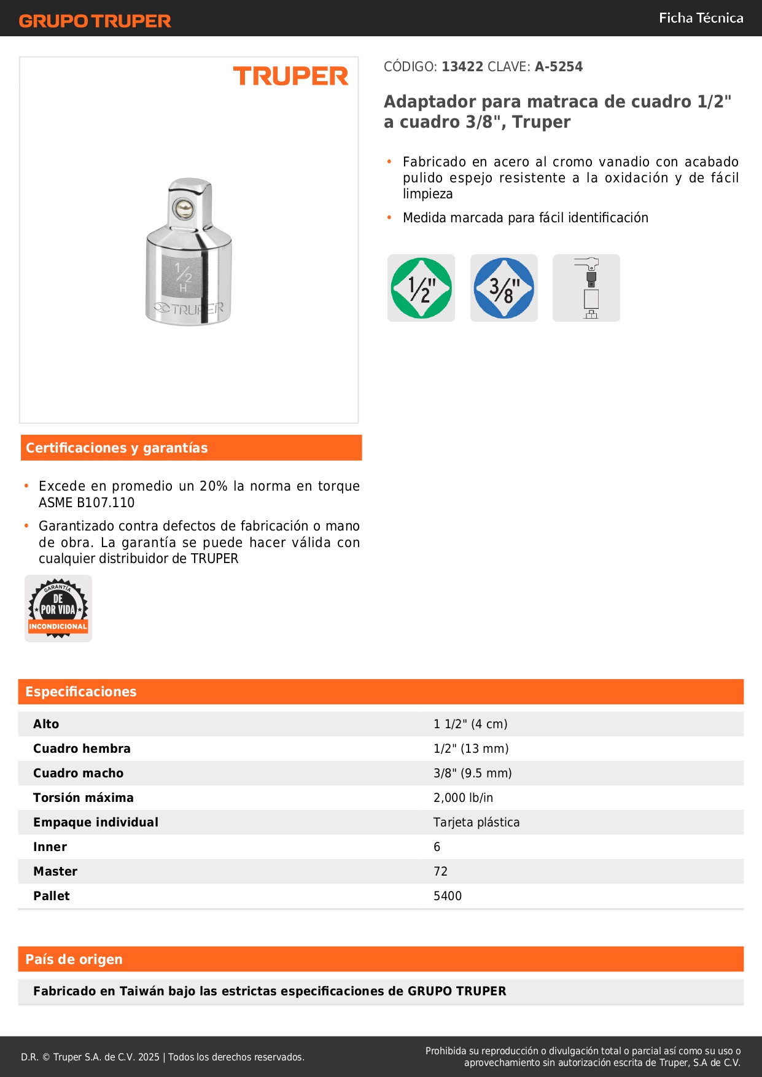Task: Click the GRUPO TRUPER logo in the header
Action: coord(95,21)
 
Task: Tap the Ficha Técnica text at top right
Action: coord(701,18)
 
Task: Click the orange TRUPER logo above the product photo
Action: coord(290,76)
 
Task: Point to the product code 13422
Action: coord(462,66)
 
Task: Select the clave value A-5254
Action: coord(559,66)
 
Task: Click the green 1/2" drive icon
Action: coord(421,288)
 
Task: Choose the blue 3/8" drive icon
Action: coord(504,288)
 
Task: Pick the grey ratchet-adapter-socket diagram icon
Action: coord(586,288)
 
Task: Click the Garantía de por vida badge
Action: coord(58,608)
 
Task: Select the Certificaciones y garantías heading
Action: coord(117,448)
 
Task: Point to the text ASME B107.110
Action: coord(87,502)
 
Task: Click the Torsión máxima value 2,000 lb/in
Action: coord(463,798)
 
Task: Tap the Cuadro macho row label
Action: coord(78,773)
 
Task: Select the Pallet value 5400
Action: coord(447,896)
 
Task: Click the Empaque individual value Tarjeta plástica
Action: coord(476,822)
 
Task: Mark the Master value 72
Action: coord(440,871)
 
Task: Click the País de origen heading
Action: coord(74,959)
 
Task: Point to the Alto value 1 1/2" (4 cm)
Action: coord(470,724)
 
